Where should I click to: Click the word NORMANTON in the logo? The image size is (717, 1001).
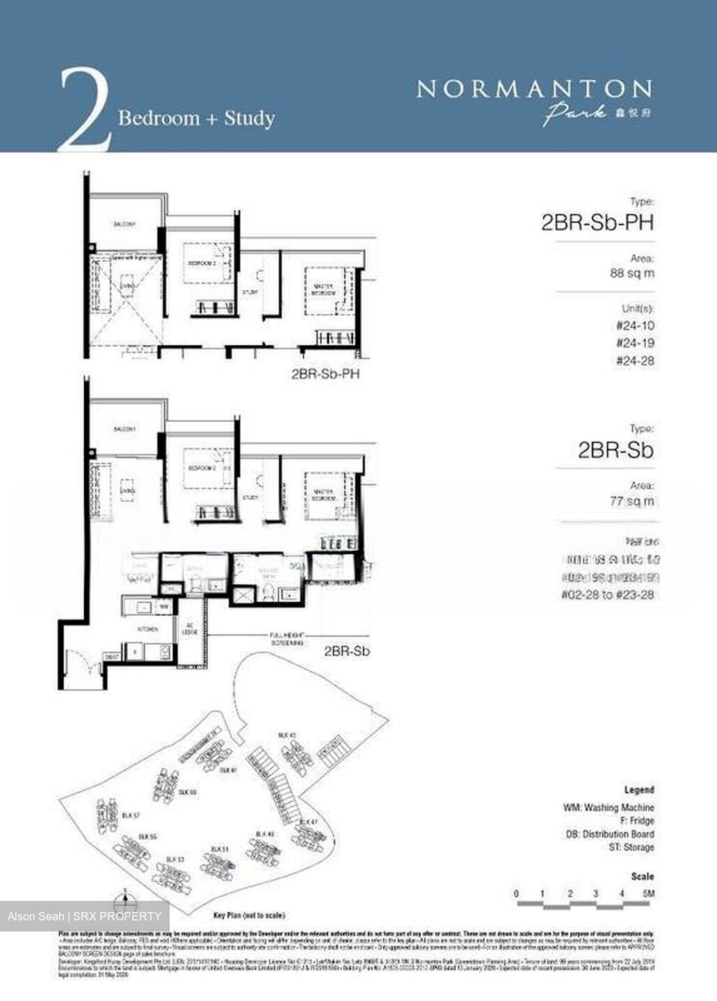[533, 89]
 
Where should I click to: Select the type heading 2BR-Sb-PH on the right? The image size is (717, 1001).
[597, 222]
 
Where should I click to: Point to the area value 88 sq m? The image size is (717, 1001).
[631, 273]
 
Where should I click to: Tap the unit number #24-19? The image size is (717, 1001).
[635, 343]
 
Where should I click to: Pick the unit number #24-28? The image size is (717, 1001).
[635, 361]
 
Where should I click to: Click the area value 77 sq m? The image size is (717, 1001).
[631, 500]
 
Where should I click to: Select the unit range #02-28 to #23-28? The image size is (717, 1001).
[607, 594]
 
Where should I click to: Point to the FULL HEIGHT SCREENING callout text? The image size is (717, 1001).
[287, 639]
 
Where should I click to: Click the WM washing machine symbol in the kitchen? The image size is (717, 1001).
[164, 607]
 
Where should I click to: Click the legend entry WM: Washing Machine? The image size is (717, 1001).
[609, 808]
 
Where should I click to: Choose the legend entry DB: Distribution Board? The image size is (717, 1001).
[610, 834]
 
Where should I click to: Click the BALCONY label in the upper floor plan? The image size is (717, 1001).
[124, 225]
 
